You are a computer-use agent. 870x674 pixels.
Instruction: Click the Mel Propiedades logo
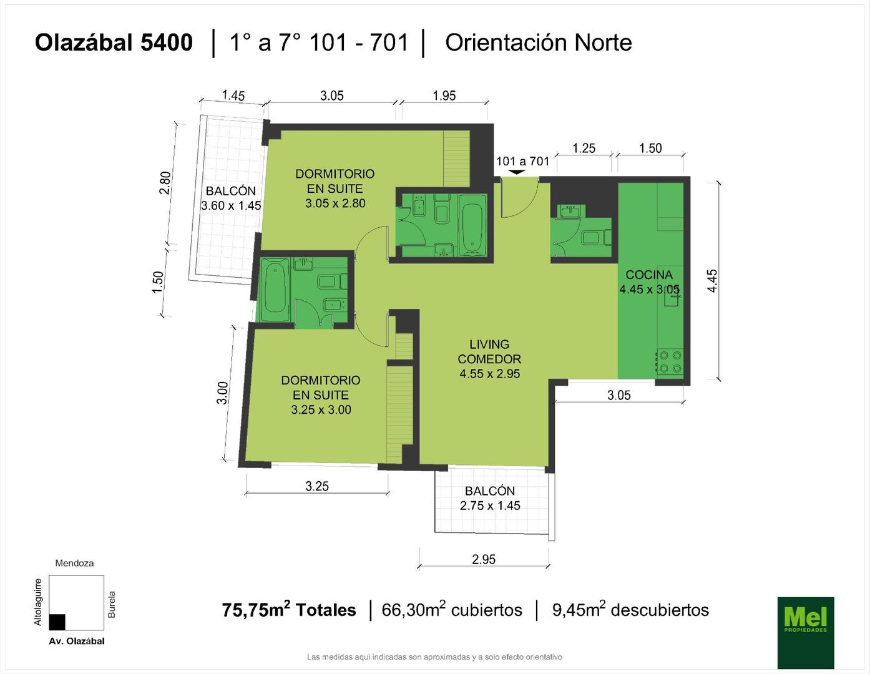[x=806, y=633]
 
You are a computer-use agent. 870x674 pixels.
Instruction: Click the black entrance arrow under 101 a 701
[x=517, y=172]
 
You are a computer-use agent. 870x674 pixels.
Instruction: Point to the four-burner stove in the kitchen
[x=670, y=362]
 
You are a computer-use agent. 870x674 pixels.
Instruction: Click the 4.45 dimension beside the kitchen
[x=713, y=281]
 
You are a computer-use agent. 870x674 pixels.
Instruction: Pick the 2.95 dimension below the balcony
[x=484, y=559]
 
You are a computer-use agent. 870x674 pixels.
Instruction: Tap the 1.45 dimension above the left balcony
[x=233, y=95]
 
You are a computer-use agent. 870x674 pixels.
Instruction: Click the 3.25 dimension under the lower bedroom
[x=316, y=486]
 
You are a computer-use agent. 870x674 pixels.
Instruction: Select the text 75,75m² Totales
[x=289, y=610]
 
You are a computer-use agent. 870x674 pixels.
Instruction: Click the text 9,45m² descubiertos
[x=630, y=610]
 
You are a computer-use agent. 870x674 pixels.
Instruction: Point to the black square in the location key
[x=57, y=622]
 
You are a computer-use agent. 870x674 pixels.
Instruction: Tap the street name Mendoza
[x=74, y=563]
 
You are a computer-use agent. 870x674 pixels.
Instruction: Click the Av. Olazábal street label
[x=77, y=641]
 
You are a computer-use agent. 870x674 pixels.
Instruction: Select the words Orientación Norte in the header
[x=539, y=42]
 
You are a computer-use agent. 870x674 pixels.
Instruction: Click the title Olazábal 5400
[x=114, y=42]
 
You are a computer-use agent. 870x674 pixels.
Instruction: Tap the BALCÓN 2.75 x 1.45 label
[x=490, y=498]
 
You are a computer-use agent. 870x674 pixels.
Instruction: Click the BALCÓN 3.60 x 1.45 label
[x=231, y=198]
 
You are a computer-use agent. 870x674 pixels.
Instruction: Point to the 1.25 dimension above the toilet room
[x=584, y=149]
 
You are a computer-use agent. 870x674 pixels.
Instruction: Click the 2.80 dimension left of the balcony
[x=165, y=183]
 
